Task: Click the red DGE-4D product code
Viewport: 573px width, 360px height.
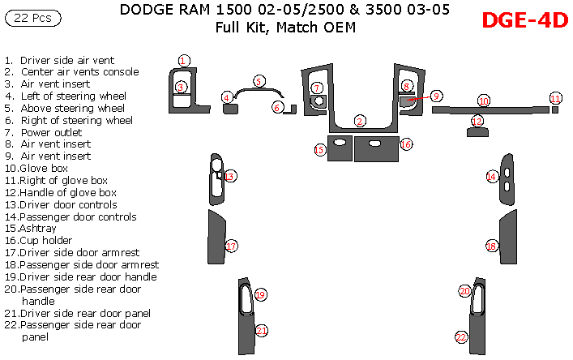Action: (524, 21)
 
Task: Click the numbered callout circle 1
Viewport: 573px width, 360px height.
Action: (184, 61)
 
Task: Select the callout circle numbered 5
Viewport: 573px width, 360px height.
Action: (258, 81)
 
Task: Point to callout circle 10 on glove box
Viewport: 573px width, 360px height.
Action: (483, 101)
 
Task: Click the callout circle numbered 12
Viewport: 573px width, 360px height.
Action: (477, 121)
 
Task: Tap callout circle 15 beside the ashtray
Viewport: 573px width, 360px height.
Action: (320, 149)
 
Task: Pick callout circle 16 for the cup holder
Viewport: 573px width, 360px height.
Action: (406, 144)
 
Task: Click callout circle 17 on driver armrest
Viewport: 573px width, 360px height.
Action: (231, 246)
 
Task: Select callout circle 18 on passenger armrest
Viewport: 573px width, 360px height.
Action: (490, 246)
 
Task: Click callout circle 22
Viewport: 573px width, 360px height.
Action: (461, 336)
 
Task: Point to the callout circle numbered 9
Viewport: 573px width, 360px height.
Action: (436, 96)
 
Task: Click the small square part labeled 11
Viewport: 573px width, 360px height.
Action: (555, 109)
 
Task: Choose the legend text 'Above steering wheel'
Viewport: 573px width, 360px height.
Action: (72, 108)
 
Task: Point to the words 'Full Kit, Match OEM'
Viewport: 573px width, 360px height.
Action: (285, 28)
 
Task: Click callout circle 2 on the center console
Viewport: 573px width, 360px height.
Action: (359, 122)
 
